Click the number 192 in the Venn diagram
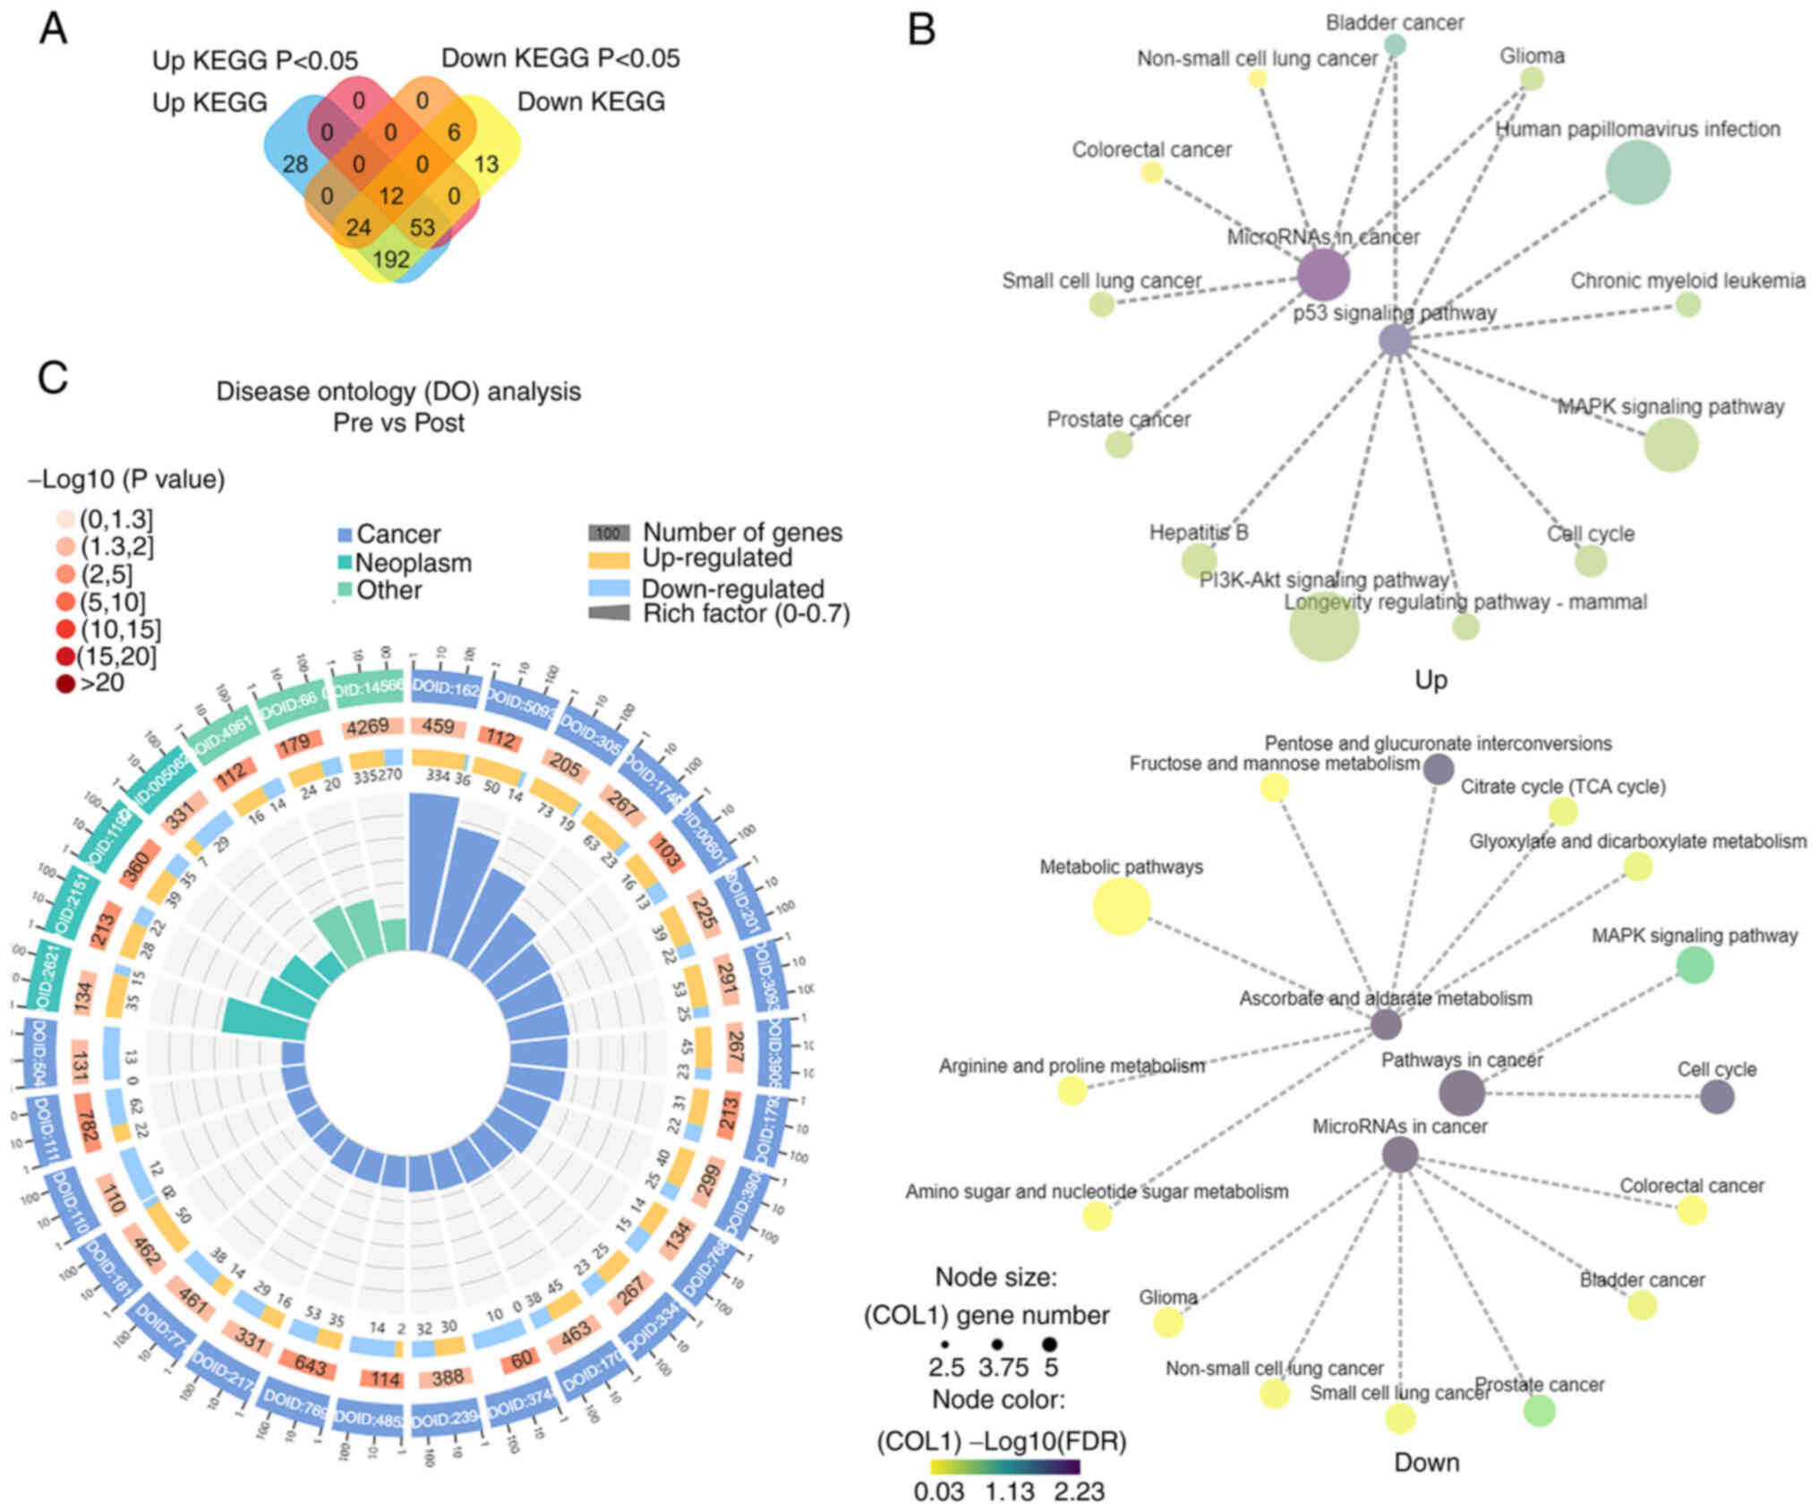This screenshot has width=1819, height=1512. tap(390, 259)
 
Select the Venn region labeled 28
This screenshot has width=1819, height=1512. tap(295, 164)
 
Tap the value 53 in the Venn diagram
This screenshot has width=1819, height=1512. tap(422, 226)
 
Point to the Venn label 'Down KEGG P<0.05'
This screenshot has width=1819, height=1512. tap(560, 58)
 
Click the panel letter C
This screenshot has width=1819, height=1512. tap(52, 377)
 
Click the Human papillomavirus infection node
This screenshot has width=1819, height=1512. tap(1637, 173)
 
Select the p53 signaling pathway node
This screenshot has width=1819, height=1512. tap(1395, 340)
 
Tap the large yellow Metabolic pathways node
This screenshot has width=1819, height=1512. tap(1121, 906)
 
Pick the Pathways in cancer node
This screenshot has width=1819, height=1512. tap(1461, 1093)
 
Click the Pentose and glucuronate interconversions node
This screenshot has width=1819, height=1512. tap(1438, 769)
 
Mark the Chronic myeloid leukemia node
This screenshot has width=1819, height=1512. tap(1687, 304)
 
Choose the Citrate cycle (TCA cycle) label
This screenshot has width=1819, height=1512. tap(1563, 787)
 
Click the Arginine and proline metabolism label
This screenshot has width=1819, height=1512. tap(1072, 1066)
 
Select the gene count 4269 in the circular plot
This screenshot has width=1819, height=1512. tap(368, 726)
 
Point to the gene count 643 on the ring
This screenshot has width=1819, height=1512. tap(310, 1367)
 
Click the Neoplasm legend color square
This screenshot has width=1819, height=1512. tap(344, 563)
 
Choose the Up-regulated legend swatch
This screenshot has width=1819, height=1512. tap(609, 559)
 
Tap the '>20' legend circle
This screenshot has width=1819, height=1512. tap(65, 684)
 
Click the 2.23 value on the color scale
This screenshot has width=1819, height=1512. tap(1078, 1491)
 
